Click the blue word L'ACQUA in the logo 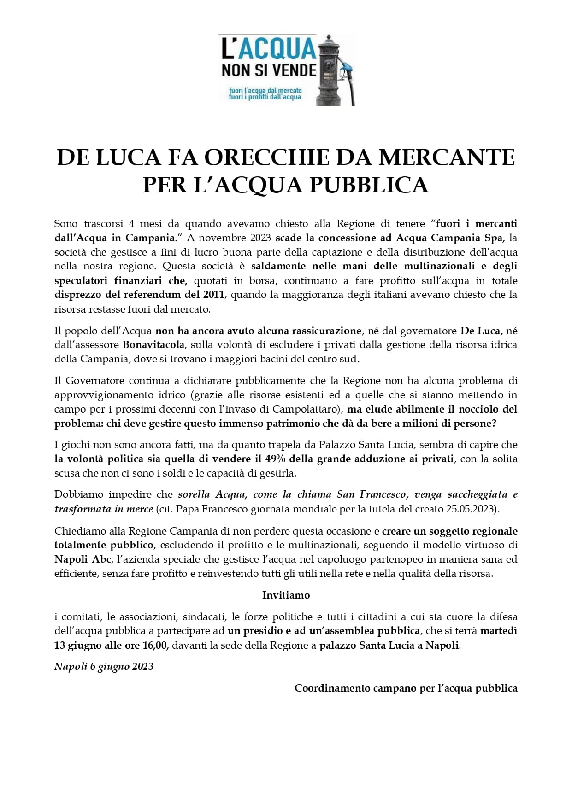coord(269,49)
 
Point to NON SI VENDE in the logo coord(269,70)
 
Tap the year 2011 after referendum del coord(214,295)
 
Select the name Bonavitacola coord(153,345)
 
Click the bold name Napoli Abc coord(83,559)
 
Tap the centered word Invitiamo coord(286,595)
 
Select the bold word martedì coord(499,631)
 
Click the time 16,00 coord(156,645)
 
